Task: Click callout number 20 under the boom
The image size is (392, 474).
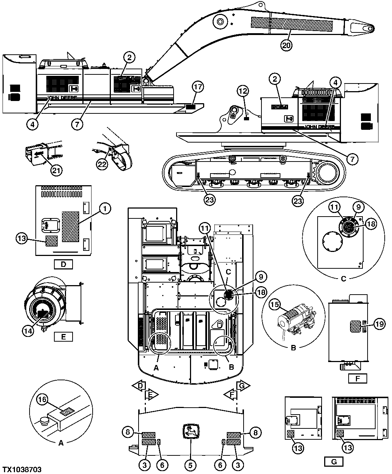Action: coord(286,45)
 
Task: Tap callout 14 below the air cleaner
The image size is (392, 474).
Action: coord(28,331)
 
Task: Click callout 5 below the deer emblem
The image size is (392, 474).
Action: coord(190,465)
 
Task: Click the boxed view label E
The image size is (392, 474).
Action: coord(63,336)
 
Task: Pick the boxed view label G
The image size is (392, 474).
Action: coord(334,462)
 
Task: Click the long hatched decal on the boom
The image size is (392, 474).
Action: coord(292,24)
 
